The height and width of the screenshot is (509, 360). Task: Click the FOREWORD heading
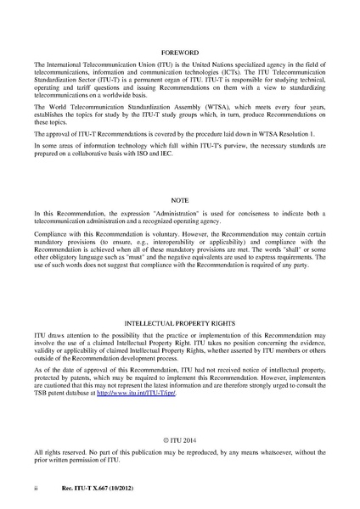point(179,51)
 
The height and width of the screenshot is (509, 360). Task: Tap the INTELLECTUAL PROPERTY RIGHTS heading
point(179,326)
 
